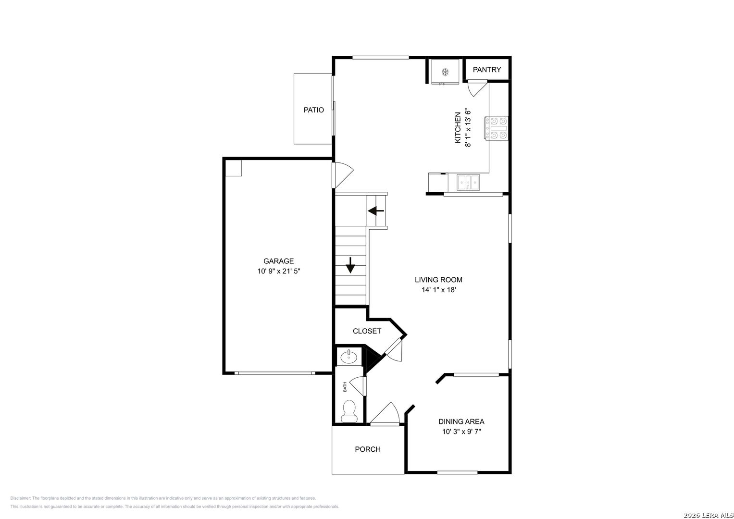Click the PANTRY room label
(x=486, y=70)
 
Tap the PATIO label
(x=313, y=110)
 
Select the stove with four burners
(x=497, y=128)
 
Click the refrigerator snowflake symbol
(x=445, y=72)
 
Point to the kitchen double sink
(x=468, y=183)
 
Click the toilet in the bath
(x=349, y=411)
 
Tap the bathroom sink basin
(x=348, y=357)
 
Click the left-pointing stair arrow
(x=376, y=210)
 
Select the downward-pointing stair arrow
(x=350, y=265)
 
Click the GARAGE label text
(x=278, y=261)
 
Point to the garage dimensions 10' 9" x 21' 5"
(x=278, y=272)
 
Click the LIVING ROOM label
(x=438, y=280)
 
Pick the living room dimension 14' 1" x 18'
(x=439, y=290)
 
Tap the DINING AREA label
(x=461, y=422)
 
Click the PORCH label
(x=368, y=449)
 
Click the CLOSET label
(x=367, y=331)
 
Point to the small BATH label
(x=345, y=387)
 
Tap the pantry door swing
(x=476, y=88)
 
